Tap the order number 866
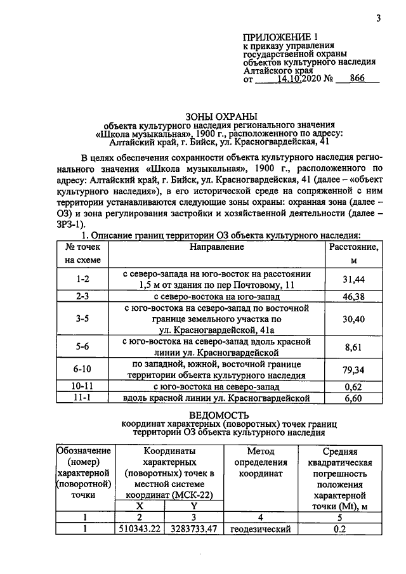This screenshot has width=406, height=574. [360, 81]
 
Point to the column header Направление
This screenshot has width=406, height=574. [216, 246]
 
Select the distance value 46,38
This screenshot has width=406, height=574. [354, 296]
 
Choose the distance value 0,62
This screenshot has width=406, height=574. [354, 386]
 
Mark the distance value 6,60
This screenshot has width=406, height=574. [354, 398]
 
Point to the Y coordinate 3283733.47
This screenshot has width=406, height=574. [194, 529]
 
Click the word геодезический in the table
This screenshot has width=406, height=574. [259, 529]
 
